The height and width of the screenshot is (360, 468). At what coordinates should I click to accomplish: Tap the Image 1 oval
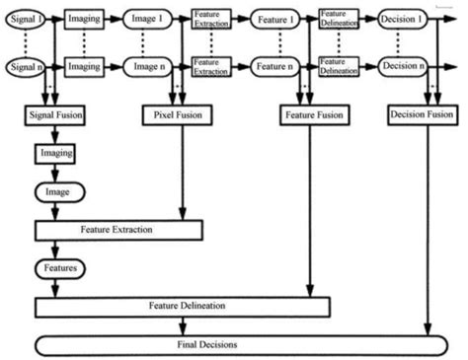click(x=148, y=20)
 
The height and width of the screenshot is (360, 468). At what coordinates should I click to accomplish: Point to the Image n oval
click(x=148, y=67)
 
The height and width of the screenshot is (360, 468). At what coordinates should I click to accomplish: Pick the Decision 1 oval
click(x=402, y=20)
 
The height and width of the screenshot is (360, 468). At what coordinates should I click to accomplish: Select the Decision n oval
click(x=402, y=67)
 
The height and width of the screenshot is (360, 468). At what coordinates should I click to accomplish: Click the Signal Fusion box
click(x=54, y=115)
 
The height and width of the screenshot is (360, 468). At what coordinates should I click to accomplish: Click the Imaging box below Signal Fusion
click(x=54, y=155)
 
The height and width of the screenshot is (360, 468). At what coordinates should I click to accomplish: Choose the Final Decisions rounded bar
click(x=236, y=345)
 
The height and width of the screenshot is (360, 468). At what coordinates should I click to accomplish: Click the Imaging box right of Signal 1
click(x=85, y=20)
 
